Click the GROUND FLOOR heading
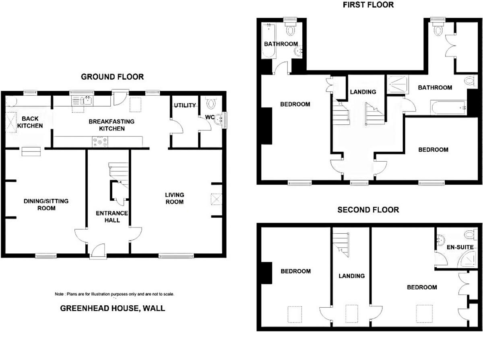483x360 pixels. pyautogui.click(x=112, y=77)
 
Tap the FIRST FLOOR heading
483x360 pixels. pyautogui.click(x=368, y=5)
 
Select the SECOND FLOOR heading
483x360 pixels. pyautogui.click(x=368, y=210)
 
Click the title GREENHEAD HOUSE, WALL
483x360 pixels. pyautogui.click(x=112, y=309)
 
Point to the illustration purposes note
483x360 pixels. pyautogui.click(x=114, y=294)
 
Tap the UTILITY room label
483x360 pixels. pyautogui.click(x=185, y=105)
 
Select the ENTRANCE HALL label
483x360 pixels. pyautogui.click(x=111, y=216)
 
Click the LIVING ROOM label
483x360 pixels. pyautogui.click(x=174, y=198)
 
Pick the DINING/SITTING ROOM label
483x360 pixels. pyautogui.click(x=46, y=204)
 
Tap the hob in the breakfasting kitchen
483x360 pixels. pyautogui.click(x=100, y=142)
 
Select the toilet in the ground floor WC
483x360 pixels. pyautogui.click(x=211, y=103)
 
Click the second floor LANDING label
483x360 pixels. pyautogui.click(x=351, y=276)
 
